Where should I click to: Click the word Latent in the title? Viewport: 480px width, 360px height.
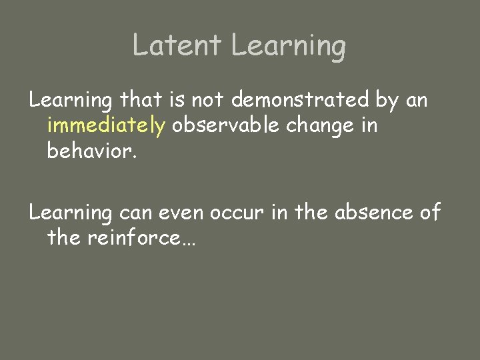[x=176, y=45]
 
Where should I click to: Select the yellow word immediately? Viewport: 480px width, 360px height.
[x=106, y=127]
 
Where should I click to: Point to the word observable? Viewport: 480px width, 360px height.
[x=225, y=125]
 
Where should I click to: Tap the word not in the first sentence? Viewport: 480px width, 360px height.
[x=209, y=100]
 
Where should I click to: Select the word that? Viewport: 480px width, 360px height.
[x=142, y=100]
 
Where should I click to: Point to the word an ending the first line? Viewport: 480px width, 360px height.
[x=416, y=101]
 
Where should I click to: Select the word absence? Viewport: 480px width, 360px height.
[x=373, y=213]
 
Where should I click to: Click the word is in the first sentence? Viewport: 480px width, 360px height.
[x=177, y=100]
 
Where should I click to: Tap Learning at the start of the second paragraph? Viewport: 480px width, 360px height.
[x=71, y=213]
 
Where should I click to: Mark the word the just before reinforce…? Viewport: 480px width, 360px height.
[x=64, y=237]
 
